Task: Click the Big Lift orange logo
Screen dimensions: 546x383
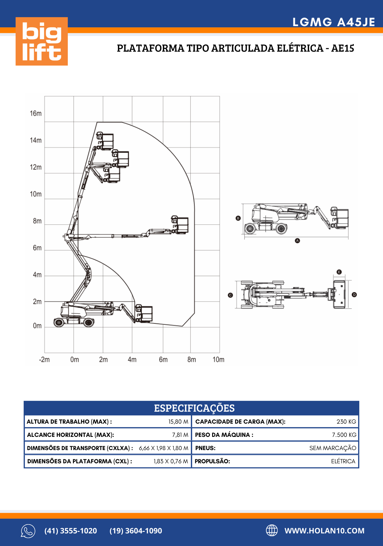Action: [x=42, y=41]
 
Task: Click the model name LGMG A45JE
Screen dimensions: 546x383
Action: [x=334, y=22]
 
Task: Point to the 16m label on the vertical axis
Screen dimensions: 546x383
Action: [x=36, y=113]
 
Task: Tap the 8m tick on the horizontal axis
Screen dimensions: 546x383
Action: [x=191, y=359]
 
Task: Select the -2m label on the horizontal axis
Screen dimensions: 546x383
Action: [x=44, y=359]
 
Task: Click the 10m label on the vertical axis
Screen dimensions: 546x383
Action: [x=36, y=194]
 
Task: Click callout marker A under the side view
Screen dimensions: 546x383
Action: [x=297, y=241]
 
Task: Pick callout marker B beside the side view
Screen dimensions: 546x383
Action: [x=238, y=218]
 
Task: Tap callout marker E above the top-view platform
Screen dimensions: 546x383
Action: [x=339, y=272]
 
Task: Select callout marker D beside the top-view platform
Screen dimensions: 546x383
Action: [x=354, y=295]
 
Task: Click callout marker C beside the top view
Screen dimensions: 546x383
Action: [x=230, y=295]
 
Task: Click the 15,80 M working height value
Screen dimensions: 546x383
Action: [x=178, y=421]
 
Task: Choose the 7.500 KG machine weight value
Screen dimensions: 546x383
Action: [x=344, y=435]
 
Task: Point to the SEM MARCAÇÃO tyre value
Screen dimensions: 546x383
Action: [x=333, y=448]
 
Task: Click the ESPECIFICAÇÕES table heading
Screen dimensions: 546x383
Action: [x=194, y=408]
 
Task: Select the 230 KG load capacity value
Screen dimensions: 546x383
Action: [x=346, y=421]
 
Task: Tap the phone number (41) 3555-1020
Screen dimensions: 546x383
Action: [x=71, y=531]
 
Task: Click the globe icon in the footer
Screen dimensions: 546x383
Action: [x=272, y=530]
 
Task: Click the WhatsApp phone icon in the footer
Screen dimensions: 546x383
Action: [x=28, y=531]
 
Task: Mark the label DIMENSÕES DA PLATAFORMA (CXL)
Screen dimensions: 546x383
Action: [x=79, y=461]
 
